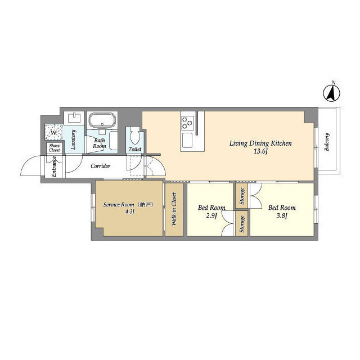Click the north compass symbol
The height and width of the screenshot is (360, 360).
(x=332, y=93)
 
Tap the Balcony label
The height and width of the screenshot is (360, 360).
(x=327, y=142)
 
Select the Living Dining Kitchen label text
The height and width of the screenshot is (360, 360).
(x=260, y=144)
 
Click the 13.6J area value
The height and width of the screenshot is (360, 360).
(x=261, y=151)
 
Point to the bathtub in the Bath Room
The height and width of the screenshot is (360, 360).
(x=102, y=119)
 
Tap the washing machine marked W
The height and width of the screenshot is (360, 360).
(x=53, y=132)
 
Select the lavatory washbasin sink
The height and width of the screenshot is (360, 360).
(x=74, y=118)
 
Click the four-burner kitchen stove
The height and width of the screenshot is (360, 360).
(x=187, y=123)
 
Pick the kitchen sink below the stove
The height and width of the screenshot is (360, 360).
(x=187, y=141)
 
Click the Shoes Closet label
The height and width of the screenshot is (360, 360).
(x=54, y=148)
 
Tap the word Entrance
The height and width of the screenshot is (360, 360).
(x=54, y=166)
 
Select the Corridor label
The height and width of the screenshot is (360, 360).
(x=100, y=166)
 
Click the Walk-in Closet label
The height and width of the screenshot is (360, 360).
(x=174, y=209)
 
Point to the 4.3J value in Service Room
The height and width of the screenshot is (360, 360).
(x=129, y=211)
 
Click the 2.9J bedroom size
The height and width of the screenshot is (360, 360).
(x=211, y=216)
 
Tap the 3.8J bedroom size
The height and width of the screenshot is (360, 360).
(x=282, y=216)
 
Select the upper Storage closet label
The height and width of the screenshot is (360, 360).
(x=242, y=196)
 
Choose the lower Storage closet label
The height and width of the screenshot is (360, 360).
(x=242, y=224)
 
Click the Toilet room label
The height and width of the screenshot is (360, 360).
(x=135, y=149)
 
